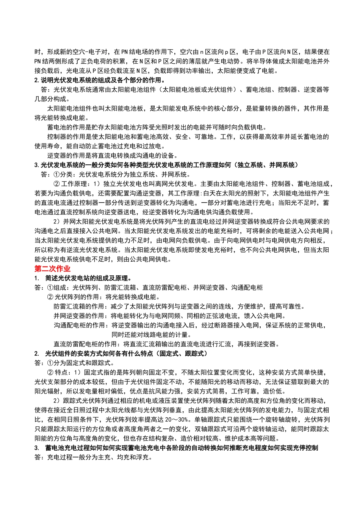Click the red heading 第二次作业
[x=52, y=269]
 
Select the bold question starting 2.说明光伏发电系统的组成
[x=100, y=80]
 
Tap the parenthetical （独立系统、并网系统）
[x=266, y=165]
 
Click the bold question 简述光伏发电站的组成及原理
[x=88, y=278]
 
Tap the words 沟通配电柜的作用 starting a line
[x=79, y=325]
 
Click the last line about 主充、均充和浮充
[x=93, y=457]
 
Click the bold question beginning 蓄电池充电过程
[x=182, y=448]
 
